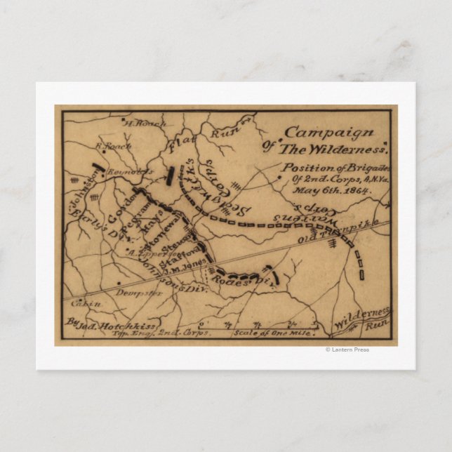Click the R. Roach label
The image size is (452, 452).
click(109, 148)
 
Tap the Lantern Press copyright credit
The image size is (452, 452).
click(347, 350)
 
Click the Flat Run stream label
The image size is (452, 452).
click(200, 140)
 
